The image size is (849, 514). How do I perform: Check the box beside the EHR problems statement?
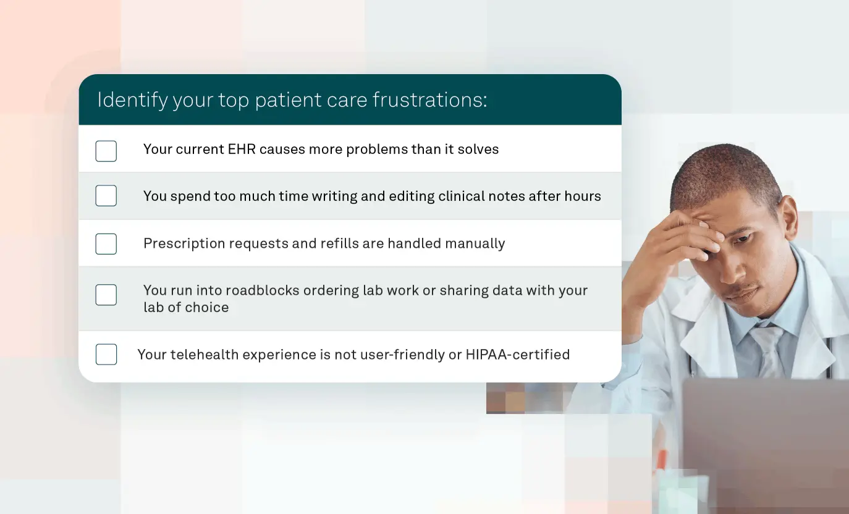point(106,151)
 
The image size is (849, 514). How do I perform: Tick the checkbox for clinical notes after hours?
point(106,196)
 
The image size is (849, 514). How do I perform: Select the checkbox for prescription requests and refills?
point(106,244)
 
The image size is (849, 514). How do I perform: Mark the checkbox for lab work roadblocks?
point(106,295)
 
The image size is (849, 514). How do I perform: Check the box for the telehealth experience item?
point(106,355)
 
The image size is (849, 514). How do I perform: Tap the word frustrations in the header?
point(430,99)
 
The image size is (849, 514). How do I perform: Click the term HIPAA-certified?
point(517,355)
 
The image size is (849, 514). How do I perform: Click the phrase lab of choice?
point(186,308)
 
